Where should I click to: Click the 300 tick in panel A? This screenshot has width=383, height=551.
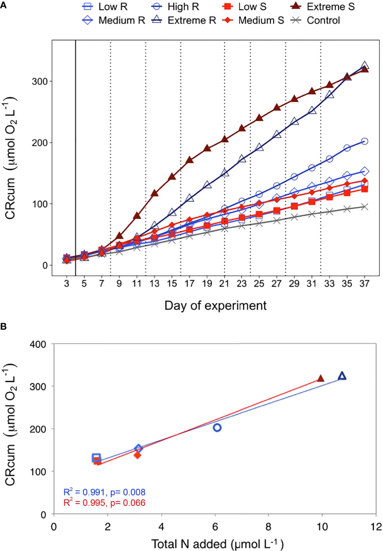click(40, 81)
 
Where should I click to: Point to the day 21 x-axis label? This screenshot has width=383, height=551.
click(224, 284)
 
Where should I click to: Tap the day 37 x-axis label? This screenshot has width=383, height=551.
click(364, 284)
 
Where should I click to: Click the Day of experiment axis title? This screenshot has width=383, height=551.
click(215, 306)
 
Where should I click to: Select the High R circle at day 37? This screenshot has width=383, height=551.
click(364, 141)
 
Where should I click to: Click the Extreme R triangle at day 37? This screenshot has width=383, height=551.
click(365, 65)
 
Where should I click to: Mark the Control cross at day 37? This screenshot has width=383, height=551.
click(365, 207)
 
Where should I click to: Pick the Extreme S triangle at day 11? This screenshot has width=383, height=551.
click(137, 216)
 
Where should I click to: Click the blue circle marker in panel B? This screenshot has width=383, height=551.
click(217, 428)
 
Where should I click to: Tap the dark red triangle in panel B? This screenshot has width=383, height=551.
click(321, 378)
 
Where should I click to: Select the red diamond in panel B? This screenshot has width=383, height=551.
click(138, 455)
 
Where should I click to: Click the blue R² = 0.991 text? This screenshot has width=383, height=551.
click(84, 492)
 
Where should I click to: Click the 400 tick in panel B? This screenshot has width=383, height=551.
click(38, 344)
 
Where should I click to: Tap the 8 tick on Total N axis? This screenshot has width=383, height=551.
click(268, 527)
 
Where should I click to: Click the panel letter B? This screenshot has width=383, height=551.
click(4, 326)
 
